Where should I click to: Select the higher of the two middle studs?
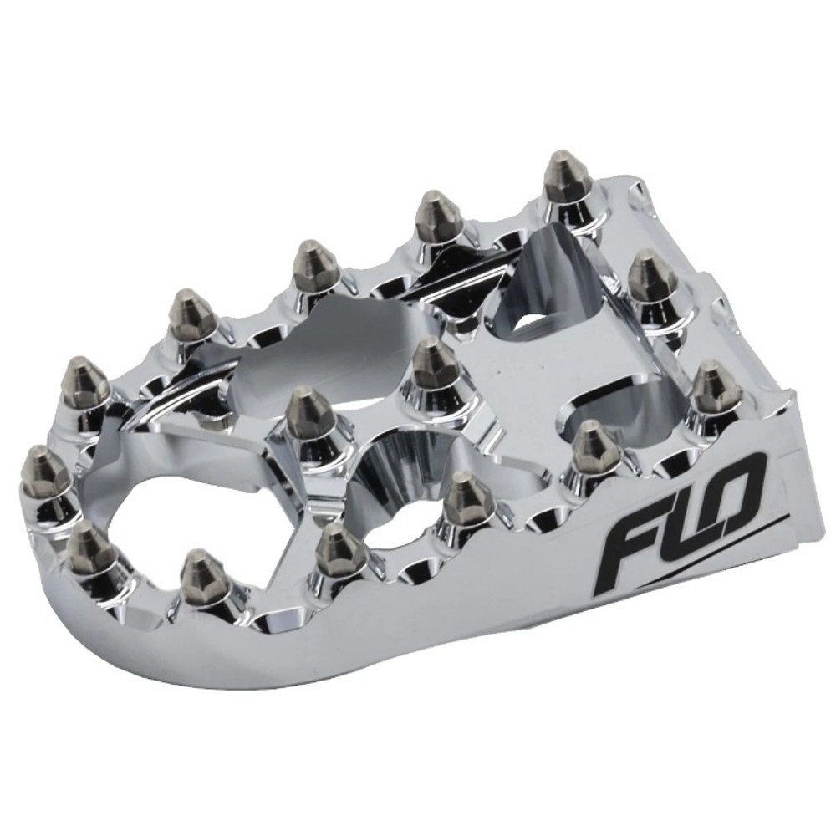point(433,363)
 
